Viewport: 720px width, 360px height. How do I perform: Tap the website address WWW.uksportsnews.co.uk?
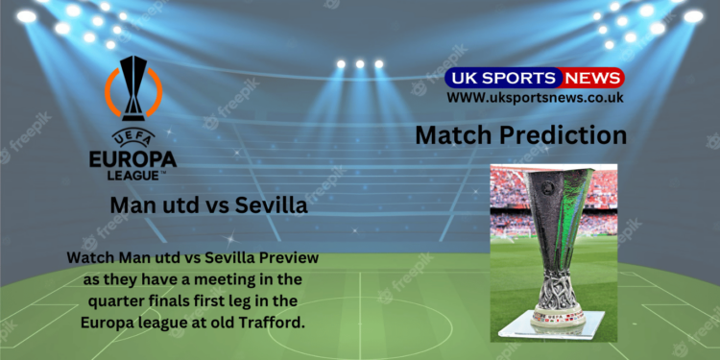click(536, 97)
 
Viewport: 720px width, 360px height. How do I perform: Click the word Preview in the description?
click(286, 259)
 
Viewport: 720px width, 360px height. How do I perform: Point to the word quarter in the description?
click(103, 300)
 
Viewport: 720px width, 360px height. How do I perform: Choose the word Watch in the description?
click(94, 259)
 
